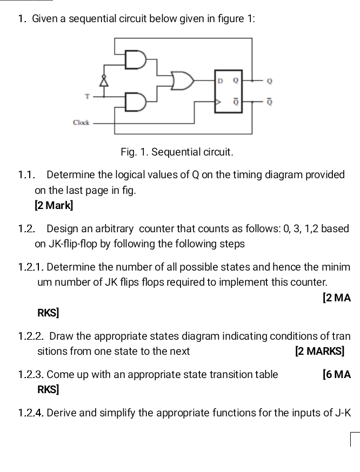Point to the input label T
point(87,95)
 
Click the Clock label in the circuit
point(82,123)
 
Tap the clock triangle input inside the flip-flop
point(218,101)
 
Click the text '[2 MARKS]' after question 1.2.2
point(319,351)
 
